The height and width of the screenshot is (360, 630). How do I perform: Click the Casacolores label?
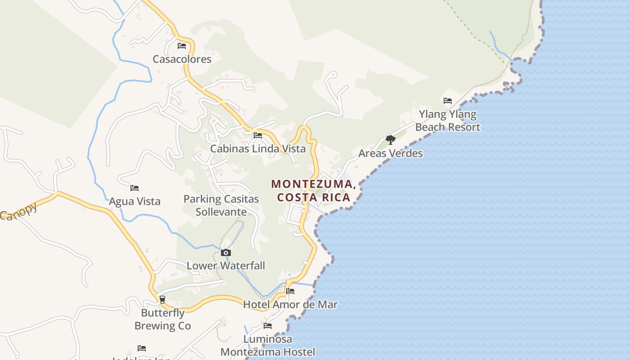pyautogui.click(x=182, y=59)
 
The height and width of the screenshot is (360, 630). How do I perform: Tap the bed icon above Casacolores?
pyautogui.click(x=182, y=46)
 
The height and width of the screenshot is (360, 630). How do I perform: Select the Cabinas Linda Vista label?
pyautogui.click(x=258, y=148)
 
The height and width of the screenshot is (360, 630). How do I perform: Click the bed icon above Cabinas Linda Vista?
pyautogui.click(x=258, y=135)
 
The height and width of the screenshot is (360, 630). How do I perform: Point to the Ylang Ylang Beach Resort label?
pyautogui.click(x=448, y=121)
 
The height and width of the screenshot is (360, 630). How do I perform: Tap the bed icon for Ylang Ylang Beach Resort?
pyautogui.click(x=448, y=101)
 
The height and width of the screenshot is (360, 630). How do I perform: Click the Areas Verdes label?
pyautogui.click(x=391, y=153)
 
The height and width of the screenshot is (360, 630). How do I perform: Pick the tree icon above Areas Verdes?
pyautogui.click(x=391, y=140)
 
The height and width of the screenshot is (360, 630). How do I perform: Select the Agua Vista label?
pyautogui.click(x=135, y=201)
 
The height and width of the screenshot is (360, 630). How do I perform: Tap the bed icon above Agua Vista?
pyautogui.click(x=135, y=188)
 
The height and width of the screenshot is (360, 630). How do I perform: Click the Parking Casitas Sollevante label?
pyautogui.click(x=221, y=205)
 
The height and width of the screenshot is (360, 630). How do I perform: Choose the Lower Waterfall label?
pyautogui.click(x=226, y=265)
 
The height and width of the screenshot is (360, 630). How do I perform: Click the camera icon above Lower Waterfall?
pyautogui.click(x=226, y=253)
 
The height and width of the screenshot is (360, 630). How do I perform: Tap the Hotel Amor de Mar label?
pyautogui.click(x=290, y=305)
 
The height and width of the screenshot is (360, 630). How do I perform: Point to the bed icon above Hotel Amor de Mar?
pyautogui.click(x=290, y=292)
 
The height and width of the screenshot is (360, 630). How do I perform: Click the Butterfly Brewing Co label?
pyautogui.click(x=162, y=319)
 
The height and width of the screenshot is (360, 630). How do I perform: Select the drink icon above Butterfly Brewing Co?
pyautogui.click(x=162, y=299)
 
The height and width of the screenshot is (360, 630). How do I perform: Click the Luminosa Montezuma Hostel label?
pyautogui.click(x=268, y=345)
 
